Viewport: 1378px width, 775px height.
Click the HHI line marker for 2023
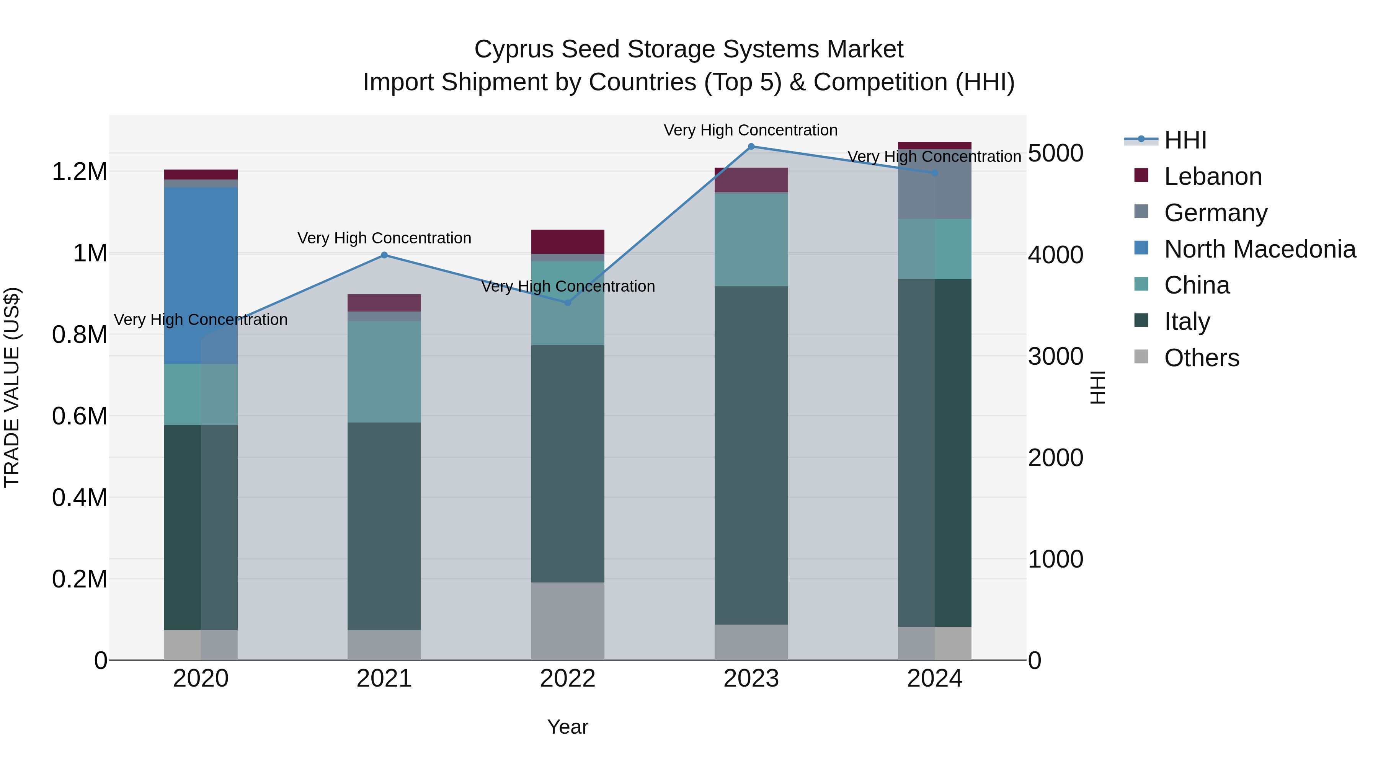click(x=751, y=147)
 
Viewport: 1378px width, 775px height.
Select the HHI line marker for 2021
click(x=384, y=255)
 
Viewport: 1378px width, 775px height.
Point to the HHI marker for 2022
click(x=568, y=303)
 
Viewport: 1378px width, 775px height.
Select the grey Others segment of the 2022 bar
click(x=568, y=620)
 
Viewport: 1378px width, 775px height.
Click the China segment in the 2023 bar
click(x=751, y=239)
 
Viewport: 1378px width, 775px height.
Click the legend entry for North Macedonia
click(x=1259, y=249)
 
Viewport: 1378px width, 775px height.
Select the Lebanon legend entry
click(x=1213, y=176)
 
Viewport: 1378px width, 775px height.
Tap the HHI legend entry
click(x=1185, y=140)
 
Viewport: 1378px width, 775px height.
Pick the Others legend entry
click(x=1202, y=358)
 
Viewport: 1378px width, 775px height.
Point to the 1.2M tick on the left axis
click(x=79, y=172)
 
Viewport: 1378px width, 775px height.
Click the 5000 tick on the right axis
click(x=1055, y=153)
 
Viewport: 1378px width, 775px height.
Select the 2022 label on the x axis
click(x=568, y=679)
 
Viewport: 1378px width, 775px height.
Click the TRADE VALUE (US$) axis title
click(x=12, y=387)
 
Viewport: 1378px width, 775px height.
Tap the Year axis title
click(x=568, y=727)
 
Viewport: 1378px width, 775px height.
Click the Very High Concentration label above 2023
click(x=751, y=130)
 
